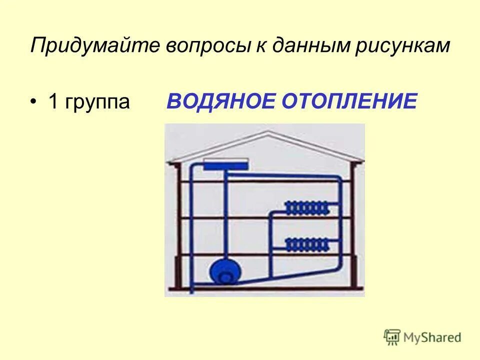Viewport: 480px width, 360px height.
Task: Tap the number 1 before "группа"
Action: point(53,102)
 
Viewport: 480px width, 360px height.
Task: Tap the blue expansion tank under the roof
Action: point(226,165)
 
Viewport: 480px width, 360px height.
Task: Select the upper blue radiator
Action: point(307,207)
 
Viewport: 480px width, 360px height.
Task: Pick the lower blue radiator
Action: point(307,244)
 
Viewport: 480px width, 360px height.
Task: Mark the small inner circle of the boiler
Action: point(226,276)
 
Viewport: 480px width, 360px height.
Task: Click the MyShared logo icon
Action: point(392,337)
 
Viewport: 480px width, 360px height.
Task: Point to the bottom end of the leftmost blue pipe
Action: point(191,290)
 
